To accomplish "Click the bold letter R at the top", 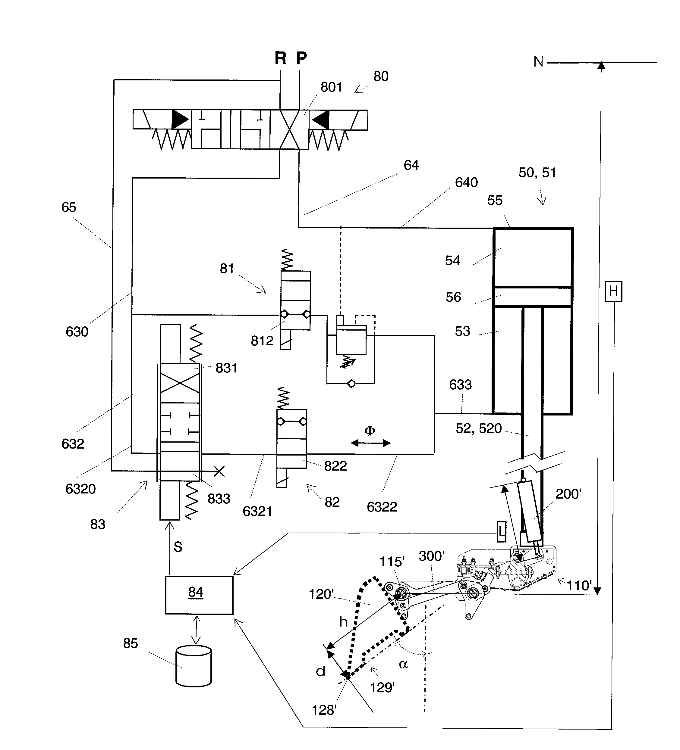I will coord(280,58).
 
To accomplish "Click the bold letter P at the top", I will coord(301,58).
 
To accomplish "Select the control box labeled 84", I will coord(199,596).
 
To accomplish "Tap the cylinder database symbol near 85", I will coord(193,666).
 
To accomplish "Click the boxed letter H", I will coord(613,291).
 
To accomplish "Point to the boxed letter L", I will coord(502,532).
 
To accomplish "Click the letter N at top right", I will coord(538,62).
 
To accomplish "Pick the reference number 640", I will coord(466,183).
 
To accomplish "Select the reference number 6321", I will coord(257,512).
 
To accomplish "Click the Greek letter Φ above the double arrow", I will coord(370,431).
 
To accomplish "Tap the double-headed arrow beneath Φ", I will coord(370,443).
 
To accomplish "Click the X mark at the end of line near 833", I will coord(219,471).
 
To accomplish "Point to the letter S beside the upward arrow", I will coord(178,547).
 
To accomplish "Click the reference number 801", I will coord(331,87).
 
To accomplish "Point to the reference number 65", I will coord(68,207).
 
